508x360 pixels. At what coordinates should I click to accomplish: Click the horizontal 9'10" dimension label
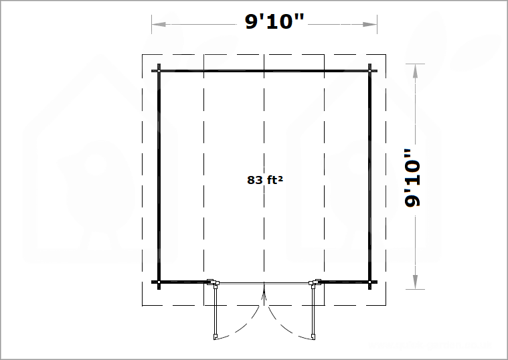tap(274, 21)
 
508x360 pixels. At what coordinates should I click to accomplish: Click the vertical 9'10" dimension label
tap(412, 178)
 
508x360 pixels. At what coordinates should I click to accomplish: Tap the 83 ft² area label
tap(265, 180)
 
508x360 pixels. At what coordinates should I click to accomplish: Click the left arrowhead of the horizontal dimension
tap(159, 24)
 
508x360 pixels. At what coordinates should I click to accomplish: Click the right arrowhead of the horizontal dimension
tap(370, 24)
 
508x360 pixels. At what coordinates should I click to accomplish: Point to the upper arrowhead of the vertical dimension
tap(415, 71)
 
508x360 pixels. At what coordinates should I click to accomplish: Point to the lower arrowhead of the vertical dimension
tap(415, 282)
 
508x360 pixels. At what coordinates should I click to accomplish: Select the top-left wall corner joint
tap(159, 71)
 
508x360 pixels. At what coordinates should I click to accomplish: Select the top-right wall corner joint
tap(369, 71)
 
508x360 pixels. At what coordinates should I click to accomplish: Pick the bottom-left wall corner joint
tap(159, 282)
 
